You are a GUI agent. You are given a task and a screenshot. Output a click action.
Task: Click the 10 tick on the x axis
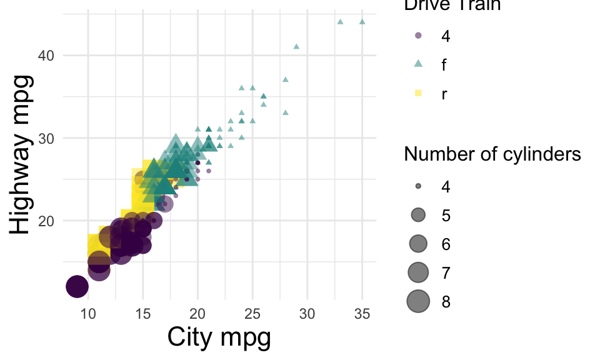(x=87, y=312)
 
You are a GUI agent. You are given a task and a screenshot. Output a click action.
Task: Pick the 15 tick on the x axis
(x=142, y=312)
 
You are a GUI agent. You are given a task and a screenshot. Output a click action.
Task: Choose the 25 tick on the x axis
(x=252, y=312)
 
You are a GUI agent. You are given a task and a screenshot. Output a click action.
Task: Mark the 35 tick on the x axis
(x=362, y=312)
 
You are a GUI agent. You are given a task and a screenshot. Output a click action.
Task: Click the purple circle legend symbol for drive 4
(x=419, y=36)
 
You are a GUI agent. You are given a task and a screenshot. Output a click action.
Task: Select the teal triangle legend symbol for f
(x=419, y=64)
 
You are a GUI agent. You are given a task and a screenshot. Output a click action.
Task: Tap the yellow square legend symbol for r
(x=419, y=93)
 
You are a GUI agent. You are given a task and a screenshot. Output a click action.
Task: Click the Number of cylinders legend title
(x=493, y=154)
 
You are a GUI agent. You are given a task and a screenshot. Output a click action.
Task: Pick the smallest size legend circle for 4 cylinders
(x=419, y=186)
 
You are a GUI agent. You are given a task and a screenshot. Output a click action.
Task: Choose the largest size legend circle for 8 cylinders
(x=419, y=301)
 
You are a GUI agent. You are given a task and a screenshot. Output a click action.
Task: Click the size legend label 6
(x=446, y=244)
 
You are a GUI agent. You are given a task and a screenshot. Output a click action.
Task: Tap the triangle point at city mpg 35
(x=362, y=22)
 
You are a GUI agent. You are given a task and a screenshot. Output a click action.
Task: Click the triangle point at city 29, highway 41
(x=296, y=46)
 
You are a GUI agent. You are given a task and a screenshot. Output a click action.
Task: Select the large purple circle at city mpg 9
(x=77, y=287)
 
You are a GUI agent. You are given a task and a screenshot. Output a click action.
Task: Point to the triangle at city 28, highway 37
(x=285, y=79)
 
